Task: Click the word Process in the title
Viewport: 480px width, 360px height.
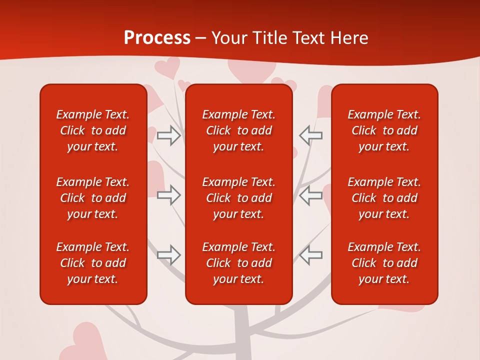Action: [x=157, y=38]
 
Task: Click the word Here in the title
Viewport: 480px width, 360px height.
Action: [x=348, y=38]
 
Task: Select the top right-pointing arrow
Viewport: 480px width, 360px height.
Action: [x=168, y=135]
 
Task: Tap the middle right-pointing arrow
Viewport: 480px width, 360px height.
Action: [x=168, y=195]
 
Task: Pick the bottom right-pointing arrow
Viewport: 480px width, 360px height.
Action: [x=168, y=255]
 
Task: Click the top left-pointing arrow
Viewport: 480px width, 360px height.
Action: [x=310, y=135]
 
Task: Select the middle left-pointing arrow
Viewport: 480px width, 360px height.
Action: [x=310, y=195]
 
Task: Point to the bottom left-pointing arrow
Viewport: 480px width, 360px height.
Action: [x=310, y=255]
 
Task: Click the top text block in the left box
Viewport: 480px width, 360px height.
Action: [x=93, y=130]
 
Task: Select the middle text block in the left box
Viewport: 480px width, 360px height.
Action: [x=93, y=198]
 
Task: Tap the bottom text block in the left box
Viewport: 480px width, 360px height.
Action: [x=93, y=263]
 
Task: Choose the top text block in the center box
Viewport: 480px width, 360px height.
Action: [x=238, y=130]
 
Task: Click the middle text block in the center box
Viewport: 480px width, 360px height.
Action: [x=238, y=198]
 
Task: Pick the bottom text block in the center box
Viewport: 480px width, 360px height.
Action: [x=238, y=263]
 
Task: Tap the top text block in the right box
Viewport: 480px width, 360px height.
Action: [x=384, y=130]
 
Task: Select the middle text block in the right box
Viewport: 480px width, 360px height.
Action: [x=384, y=198]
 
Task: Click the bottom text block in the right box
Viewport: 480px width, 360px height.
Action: [x=384, y=263]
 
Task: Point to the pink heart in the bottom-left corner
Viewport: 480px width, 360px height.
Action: [x=85, y=340]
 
